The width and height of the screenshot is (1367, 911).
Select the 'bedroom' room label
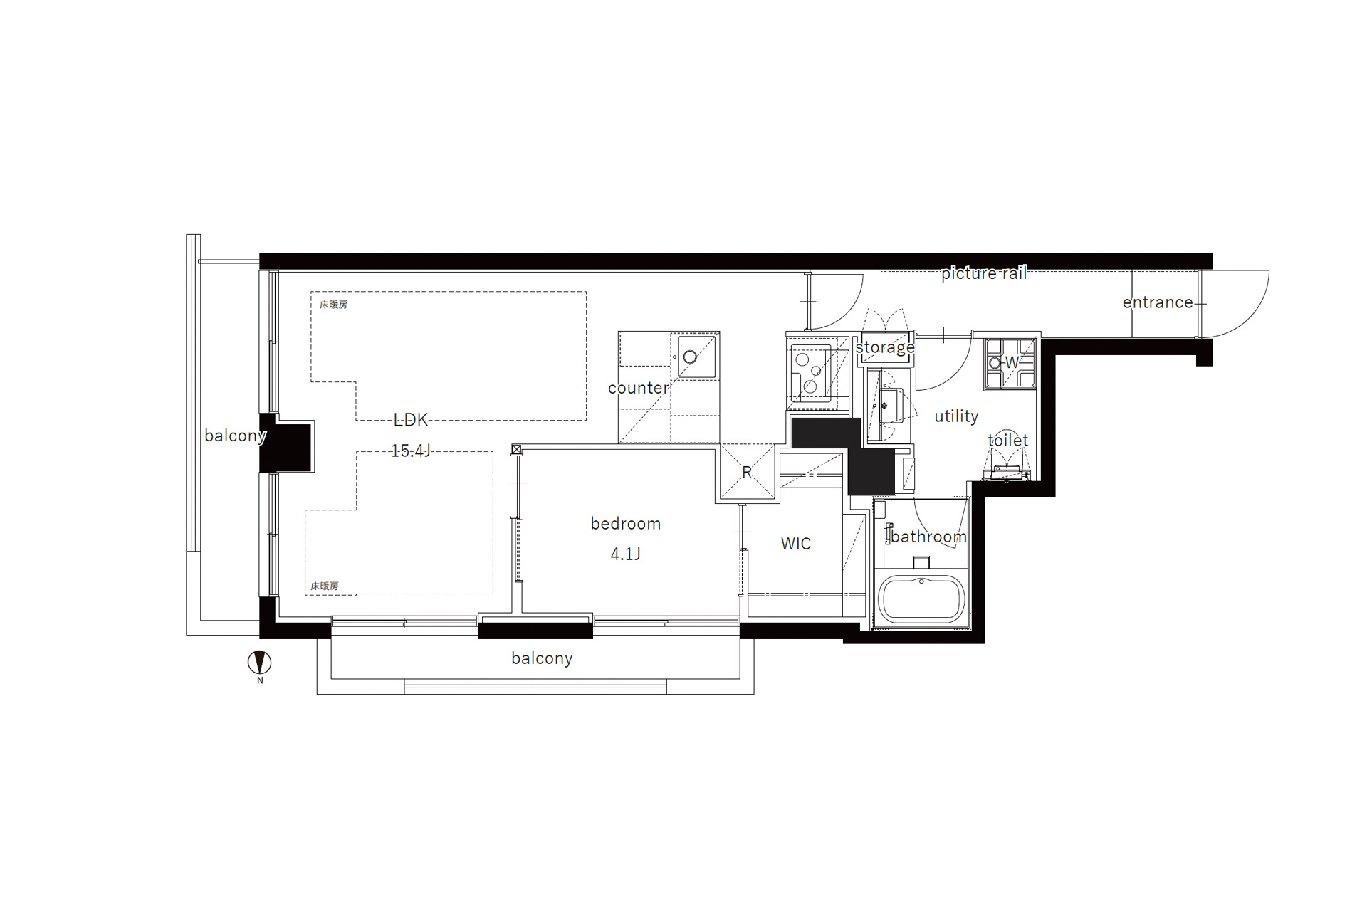click(626, 524)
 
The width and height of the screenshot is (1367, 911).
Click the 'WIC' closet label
click(796, 544)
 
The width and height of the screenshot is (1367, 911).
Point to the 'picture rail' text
click(984, 273)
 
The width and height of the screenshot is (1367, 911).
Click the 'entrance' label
click(1158, 302)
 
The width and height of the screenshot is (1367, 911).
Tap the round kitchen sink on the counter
click(690, 357)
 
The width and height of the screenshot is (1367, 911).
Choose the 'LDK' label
click(411, 420)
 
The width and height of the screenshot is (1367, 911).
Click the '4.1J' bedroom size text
click(626, 554)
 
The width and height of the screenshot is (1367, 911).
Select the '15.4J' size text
click(411, 451)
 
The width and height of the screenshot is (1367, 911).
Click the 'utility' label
click(956, 416)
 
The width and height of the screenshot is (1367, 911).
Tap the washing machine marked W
click(1010, 363)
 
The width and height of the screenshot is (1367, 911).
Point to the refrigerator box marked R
click(747, 471)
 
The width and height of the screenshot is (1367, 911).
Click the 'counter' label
click(639, 388)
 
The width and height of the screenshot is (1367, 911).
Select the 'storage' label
click(885, 347)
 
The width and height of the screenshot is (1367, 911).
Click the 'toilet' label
click(1008, 440)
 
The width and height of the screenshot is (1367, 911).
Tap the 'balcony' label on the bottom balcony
click(542, 658)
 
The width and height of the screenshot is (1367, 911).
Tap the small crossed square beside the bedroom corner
click(517, 450)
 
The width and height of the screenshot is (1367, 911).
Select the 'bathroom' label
click(928, 537)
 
